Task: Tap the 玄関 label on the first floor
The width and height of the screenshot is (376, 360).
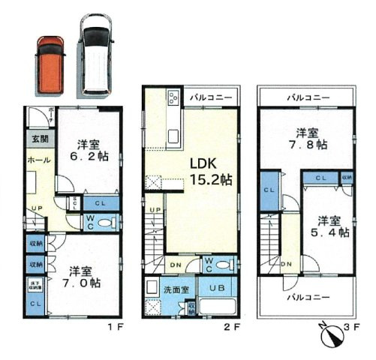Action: [37, 139]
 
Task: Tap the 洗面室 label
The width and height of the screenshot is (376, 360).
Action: [161, 289]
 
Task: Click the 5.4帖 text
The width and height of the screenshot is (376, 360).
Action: [330, 232]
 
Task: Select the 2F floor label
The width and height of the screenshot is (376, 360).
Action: [230, 328]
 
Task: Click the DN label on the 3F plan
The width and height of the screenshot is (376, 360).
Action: [286, 265]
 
